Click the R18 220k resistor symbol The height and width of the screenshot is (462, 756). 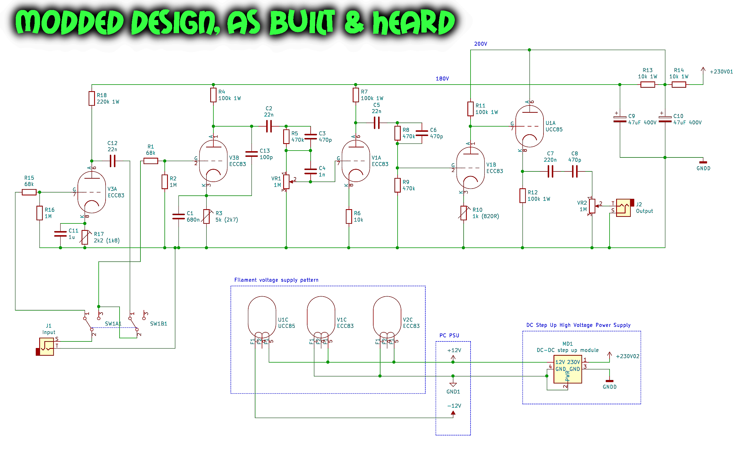point(92,98)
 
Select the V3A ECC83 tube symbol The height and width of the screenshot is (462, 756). point(92,192)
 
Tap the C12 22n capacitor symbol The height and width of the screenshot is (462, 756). point(113,161)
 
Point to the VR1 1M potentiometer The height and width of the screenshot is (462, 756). point(286,181)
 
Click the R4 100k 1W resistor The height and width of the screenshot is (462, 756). point(213,95)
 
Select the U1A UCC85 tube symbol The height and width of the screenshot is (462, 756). point(529,126)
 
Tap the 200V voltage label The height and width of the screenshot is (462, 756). point(481,44)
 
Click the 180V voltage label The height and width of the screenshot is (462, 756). point(442,79)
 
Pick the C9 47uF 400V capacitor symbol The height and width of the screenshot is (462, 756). point(620,119)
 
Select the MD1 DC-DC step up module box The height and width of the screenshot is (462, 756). point(567,369)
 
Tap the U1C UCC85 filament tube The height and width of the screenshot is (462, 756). point(262,317)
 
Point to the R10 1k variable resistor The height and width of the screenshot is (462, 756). point(464,213)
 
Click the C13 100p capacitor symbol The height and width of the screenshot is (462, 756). point(252,154)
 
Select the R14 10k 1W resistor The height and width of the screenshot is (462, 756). point(678,85)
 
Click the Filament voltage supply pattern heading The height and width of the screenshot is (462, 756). point(276,280)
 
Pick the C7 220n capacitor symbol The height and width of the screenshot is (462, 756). point(550,171)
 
